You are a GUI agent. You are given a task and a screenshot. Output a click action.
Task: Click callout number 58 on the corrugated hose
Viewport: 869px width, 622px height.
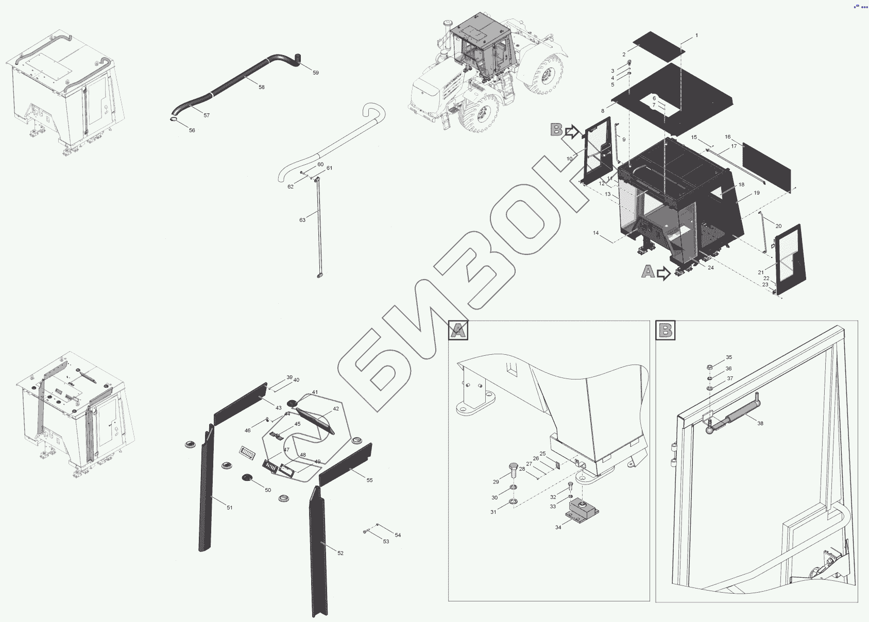pos(262,88)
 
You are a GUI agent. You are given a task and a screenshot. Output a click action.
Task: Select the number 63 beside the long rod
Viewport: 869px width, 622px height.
pos(302,220)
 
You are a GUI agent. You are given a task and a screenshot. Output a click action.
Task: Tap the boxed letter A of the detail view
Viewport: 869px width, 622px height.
pos(458,330)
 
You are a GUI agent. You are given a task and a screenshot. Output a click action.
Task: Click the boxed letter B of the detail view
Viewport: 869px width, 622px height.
pos(666,330)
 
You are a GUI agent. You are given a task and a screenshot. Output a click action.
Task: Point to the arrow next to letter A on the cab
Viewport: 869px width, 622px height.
pos(663,273)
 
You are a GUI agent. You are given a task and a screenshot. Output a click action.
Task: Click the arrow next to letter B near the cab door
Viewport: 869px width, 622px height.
pos(572,132)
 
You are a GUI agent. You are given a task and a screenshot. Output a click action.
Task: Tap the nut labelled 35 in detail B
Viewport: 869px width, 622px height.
pos(709,367)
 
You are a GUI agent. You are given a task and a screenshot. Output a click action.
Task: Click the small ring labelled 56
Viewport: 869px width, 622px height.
pos(174,121)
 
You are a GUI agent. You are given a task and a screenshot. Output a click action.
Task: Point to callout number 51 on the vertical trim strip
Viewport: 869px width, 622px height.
pos(230,508)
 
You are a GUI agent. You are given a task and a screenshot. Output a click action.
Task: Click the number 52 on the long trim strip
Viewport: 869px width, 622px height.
pos(340,553)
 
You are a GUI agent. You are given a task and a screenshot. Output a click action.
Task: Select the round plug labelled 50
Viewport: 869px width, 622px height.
pos(247,478)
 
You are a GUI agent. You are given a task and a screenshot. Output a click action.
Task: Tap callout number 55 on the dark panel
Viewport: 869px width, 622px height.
pos(369,480)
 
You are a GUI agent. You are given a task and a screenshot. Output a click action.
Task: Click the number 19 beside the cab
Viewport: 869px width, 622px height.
pos(756,193)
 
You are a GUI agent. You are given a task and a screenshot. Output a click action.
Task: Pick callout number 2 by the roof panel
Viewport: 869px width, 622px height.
pos(624,54)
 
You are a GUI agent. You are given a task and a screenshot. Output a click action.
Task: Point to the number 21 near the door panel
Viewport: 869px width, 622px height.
pos(760,272)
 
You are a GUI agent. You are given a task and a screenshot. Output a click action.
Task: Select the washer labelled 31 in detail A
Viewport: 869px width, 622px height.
pos(514,502)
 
